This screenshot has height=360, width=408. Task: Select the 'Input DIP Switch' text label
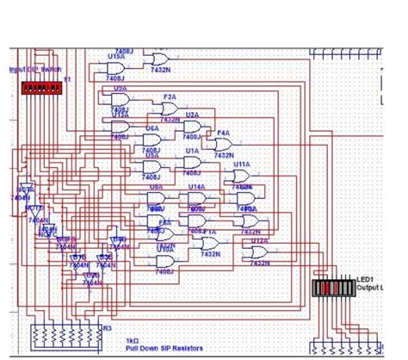point(35,69)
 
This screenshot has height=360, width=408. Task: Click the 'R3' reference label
point(107,327)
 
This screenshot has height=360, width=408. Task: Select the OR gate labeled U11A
point(242,176)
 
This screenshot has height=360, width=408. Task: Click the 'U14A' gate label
point(197,186)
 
